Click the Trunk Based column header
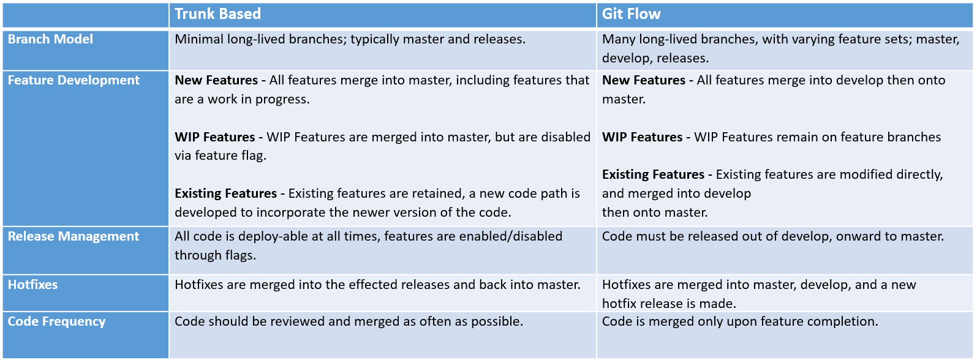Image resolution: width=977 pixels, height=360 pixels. (217, 14)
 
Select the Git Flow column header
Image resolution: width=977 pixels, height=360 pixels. (631, 14)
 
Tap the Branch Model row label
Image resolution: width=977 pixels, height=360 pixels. (50, 39)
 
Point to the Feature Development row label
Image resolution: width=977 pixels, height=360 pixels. (74, 80)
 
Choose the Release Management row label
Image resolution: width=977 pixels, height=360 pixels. (74, 236)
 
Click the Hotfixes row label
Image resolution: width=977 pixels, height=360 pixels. (32, 285)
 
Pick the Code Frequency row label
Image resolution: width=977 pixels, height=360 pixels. (57, 321)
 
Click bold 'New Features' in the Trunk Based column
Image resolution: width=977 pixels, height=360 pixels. (216, 80)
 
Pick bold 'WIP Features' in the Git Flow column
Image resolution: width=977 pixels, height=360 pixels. (642, 137)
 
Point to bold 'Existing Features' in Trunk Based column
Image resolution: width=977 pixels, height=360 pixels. (225, 193)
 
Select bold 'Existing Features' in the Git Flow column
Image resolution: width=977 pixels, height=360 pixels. (653, 174)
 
